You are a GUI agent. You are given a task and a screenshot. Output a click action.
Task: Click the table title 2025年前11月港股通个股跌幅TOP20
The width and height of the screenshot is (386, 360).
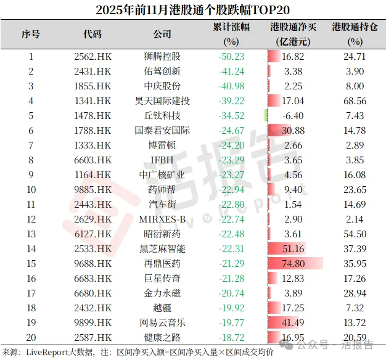coord(193,10)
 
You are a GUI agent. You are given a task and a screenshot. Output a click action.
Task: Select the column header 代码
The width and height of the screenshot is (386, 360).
coord(92,34)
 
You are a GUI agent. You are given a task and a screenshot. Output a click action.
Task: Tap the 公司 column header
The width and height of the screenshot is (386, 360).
coord(162,34)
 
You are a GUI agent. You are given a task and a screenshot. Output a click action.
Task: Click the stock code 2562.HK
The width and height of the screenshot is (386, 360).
coord(92,56)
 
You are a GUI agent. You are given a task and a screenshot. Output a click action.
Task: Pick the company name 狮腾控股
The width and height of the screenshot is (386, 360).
coord(162,56)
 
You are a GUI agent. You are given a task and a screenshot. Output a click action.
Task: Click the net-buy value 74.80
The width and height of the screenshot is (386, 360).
coord(293,264)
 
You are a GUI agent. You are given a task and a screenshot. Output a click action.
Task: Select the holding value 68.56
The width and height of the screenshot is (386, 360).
coord(355,100)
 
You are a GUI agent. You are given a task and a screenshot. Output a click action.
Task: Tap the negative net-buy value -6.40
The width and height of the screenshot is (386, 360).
coord(293,115)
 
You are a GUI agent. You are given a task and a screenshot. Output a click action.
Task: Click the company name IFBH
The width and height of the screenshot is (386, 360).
coord(162,160)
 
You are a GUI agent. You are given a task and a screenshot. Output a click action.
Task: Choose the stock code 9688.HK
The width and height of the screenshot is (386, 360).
coord(92,264)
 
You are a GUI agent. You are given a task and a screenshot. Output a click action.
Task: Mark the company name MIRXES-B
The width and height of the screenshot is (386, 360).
coord(162,219)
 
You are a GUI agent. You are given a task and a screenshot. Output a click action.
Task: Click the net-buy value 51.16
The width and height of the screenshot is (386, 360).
coord(293,249)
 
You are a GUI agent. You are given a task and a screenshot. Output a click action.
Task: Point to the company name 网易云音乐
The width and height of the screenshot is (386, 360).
coord(162,323)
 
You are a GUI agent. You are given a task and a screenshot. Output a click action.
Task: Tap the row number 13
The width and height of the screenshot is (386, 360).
coord(30,234)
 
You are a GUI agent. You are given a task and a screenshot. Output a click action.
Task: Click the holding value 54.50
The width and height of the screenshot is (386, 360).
coord(355,234)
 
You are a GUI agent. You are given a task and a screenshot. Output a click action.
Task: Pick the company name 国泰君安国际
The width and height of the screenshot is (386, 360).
coord(162,130)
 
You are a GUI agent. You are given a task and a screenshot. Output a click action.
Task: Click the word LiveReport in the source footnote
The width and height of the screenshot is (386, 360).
coord(50,352)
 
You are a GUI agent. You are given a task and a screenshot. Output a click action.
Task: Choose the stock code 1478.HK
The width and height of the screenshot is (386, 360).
coord(92,115)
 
